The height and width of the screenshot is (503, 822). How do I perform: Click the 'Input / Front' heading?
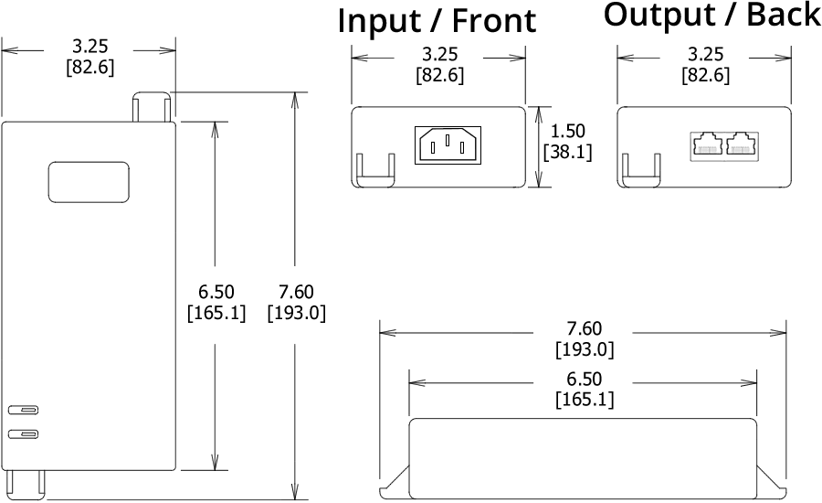click(437, 20)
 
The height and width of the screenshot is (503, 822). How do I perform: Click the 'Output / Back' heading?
click(711, 15)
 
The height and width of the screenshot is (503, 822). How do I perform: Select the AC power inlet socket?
click(447, 144)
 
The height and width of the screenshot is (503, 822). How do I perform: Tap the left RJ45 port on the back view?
click(705, 145)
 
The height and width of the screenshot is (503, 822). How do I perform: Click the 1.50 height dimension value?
click(567, 131)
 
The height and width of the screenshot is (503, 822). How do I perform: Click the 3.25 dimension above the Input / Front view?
click(439, 55)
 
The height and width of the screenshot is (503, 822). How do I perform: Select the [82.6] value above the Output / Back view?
click(706, 75)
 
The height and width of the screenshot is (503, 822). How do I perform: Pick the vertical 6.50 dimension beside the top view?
click(216, 293)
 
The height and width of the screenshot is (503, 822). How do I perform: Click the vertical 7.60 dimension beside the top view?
click(297, 293)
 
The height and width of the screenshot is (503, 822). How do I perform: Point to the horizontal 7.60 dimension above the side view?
click(585, 329)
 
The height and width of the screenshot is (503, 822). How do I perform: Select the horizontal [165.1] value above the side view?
click(585, 400)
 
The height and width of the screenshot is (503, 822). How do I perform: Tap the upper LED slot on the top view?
click(25, 411)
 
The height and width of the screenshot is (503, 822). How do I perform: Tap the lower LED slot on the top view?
click(25, 433)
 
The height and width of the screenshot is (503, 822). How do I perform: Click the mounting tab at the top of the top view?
click(152, 106)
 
